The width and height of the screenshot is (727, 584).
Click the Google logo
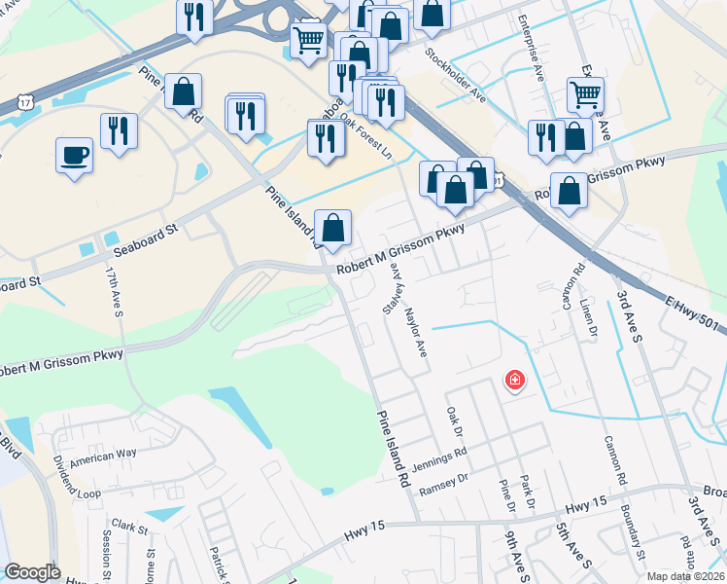pos(32,572)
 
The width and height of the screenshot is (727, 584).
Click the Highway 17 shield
pos(25,101)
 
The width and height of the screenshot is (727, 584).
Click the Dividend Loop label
pos(76,484)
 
